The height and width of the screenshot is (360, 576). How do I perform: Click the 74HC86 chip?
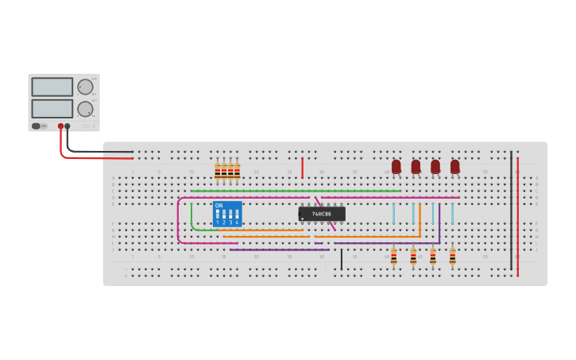[322, 214]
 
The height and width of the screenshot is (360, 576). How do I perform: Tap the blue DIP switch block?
[227, 214]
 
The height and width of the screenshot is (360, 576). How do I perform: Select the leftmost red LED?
[396, 166]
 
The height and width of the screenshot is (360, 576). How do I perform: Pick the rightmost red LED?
[454, 166]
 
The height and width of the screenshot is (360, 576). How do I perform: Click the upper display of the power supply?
[52, 87]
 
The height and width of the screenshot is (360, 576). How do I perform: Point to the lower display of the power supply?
[52, 108]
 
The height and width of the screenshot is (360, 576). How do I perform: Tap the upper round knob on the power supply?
[85, 87]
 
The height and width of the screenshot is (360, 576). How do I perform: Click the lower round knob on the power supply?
[85, 109]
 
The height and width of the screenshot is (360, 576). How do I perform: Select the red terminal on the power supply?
[60, 126]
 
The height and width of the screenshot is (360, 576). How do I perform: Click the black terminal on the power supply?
[68, 126]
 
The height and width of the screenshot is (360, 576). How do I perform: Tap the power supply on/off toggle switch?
[37, 126]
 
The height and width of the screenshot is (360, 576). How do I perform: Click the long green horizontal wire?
[294, 191]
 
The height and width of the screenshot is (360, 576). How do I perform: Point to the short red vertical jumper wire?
[302, 168]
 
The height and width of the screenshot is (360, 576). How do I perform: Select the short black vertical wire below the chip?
[342, 259]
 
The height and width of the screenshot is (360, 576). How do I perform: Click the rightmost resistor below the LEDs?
[452, 256]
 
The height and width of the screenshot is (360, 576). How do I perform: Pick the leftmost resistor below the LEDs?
[393, 256]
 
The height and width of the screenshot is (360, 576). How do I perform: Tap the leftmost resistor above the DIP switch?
[217, 171]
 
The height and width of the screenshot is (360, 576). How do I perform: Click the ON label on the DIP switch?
[218, 206]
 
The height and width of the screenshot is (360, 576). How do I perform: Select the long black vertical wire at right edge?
[511, 211]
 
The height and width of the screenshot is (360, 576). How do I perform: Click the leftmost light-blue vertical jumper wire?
[393, 213]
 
